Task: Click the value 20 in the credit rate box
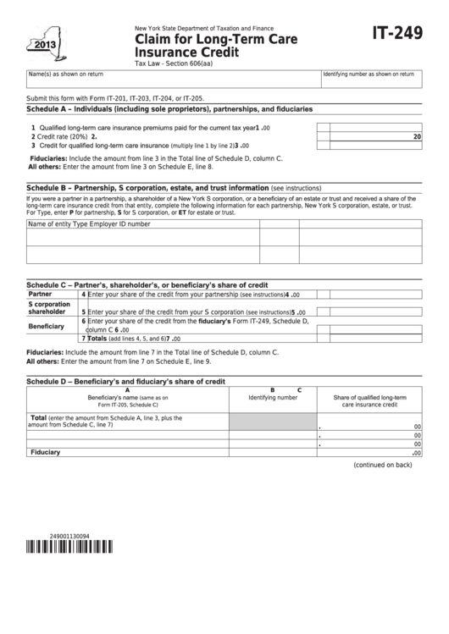417,136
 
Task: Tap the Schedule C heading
147,285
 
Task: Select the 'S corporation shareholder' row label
49,307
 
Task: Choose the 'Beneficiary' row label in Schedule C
47,326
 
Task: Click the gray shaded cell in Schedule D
272,422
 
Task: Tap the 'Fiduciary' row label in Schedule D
45,453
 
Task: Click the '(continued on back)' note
382,465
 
